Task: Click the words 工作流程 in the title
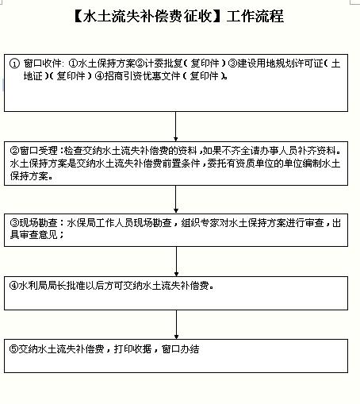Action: (255, 16)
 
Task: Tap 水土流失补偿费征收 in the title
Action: (147, 16)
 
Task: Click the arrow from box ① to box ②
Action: (176, 126)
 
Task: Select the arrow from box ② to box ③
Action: (176, 199)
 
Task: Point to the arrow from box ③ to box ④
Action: (176, 261)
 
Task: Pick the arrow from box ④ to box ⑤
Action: (176, 325)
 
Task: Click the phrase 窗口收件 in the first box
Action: (42, 63)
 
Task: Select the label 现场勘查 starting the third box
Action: (38, 223)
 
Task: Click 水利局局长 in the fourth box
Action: (42, 286)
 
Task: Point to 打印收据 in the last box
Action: (132, 349)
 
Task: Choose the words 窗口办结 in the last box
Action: (181, 349)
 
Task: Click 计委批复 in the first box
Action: (163, 63)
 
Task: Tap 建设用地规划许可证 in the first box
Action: (280, 63)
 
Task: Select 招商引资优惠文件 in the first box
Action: (142, 76)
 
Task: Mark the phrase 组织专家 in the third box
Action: (201, 223)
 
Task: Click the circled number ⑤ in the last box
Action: (13, 349)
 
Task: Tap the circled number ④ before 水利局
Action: (13, 286)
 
